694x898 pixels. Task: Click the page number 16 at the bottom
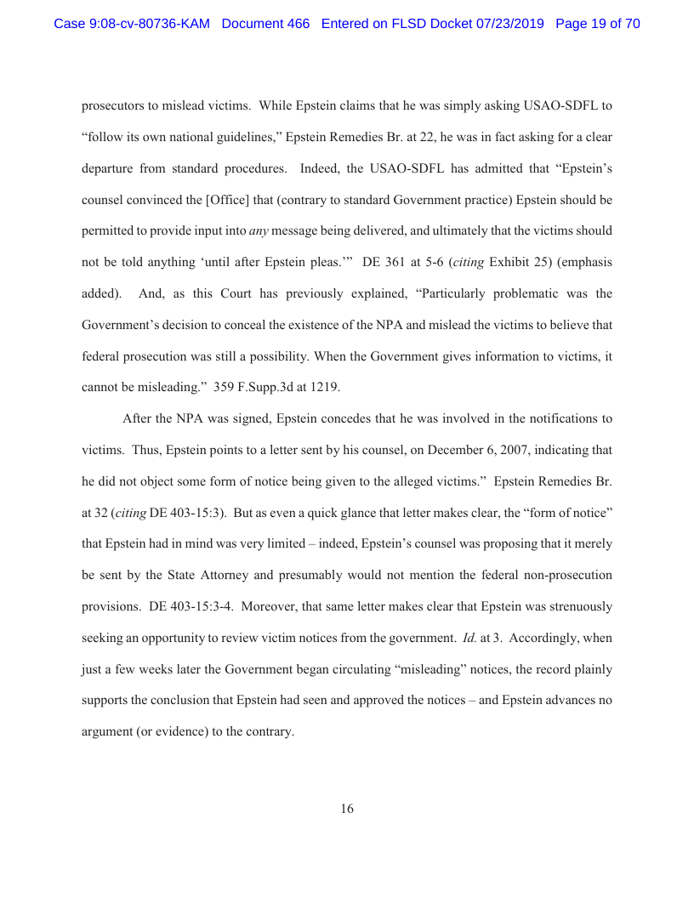[347, 809]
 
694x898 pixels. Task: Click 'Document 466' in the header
[265, 24]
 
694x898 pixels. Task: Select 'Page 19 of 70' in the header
[597, 24]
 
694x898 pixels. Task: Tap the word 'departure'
[109, 168]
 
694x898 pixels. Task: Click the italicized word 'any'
[259, 230]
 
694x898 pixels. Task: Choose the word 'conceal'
[280, 324]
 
